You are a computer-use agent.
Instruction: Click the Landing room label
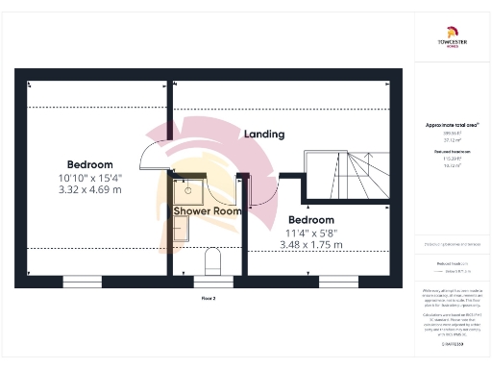coord(263,135)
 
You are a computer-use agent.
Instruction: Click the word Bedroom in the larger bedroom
coord(89,164)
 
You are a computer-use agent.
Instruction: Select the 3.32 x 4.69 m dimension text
coord(90,189)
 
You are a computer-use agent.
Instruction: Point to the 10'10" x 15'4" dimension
coord(89,177)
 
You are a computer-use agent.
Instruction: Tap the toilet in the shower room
coord(213,262)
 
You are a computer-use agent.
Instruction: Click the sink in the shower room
coord(188,189)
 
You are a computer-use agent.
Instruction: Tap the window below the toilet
coord(212,281)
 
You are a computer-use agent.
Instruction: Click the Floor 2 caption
coord(209,299)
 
